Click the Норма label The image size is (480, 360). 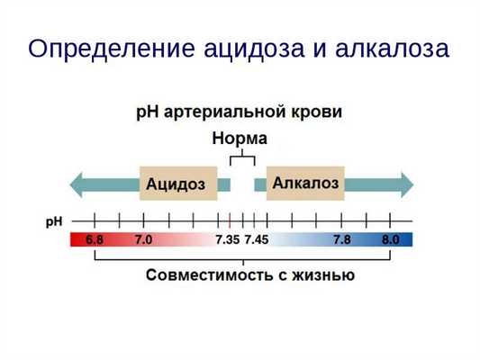[x=240, y=139]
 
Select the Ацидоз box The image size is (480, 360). [x=177, y=184]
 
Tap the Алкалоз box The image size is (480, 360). [x=305, y=184]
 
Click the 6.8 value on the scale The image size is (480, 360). [x=95, y=240]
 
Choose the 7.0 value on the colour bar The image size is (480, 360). [x=143, y=240]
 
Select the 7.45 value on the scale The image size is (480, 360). [x=258, y=240]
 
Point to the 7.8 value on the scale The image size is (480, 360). [x=342, y=240]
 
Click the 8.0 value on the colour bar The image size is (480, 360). [x=390, y=240]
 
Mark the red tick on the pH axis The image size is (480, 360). [x=230, y=220]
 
